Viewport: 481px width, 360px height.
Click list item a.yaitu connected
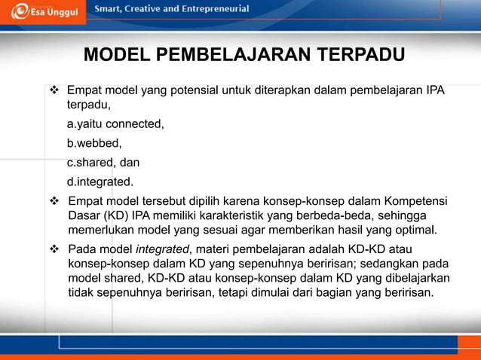tap(115, 124)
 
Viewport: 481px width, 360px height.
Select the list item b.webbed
tap(94, 142)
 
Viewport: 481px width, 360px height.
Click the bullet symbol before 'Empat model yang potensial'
tap(54, 91)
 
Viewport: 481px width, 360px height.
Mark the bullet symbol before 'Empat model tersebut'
tap(54, 201)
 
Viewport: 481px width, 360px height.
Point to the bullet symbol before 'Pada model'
tap(54, 249)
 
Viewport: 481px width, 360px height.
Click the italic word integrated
tap(162, 249)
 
